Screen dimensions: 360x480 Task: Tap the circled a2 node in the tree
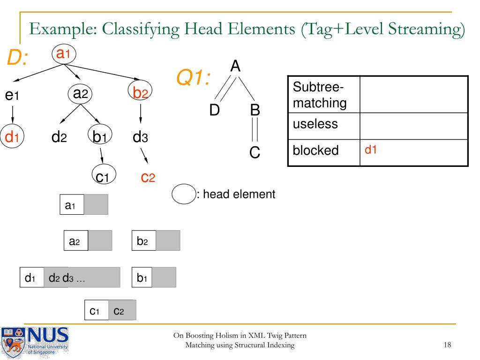click(81, 93)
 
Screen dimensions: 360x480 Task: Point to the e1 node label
click(12, 96)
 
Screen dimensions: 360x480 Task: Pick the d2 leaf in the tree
click(59, 138)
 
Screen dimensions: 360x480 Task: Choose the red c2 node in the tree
click(148, 177)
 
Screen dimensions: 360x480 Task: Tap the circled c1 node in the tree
click(102, 177)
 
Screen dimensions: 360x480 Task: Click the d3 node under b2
click(141, 137)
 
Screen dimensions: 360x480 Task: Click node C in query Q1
click(255, 153)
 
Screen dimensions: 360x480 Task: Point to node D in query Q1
click(214, 111)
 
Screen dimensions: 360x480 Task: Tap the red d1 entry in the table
click(371, 150)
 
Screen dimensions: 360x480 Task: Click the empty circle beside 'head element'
click(184, 195)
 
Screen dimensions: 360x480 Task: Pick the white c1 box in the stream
click(96, 310)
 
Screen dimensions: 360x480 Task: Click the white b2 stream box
click(143, 240)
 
